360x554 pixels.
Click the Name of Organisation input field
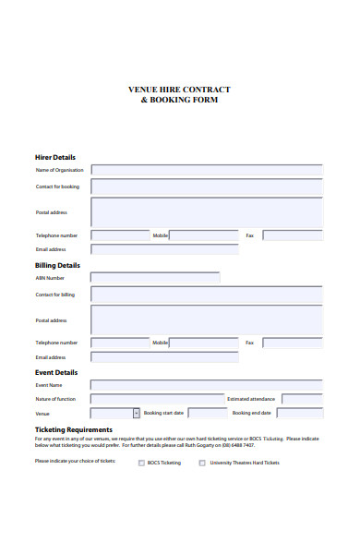tap(207, 170)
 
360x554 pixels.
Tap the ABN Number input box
tap(155, 277)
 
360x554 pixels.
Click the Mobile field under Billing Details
tap(204, 343)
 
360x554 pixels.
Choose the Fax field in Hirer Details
tap(293, 235)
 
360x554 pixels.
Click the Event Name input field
tap(207, 385)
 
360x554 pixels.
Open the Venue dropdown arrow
tap(137, 413)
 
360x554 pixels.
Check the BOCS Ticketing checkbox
tap(141, 463)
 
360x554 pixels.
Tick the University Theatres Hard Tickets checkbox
tap(202, 463)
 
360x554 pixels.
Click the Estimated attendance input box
tap(302, 399)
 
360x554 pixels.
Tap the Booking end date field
tap(301, 413)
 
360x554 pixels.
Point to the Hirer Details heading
tap(55, 157)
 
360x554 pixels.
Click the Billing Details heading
tap(57, 265)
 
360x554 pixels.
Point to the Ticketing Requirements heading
tap(74, 429)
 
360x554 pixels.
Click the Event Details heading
tap(56, 372)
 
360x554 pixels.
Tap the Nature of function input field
tap(156, 399)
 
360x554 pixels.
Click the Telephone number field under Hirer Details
tap(120, 235)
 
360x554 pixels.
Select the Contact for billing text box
tap(207, 295)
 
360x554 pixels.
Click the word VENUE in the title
tap(143, 90)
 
